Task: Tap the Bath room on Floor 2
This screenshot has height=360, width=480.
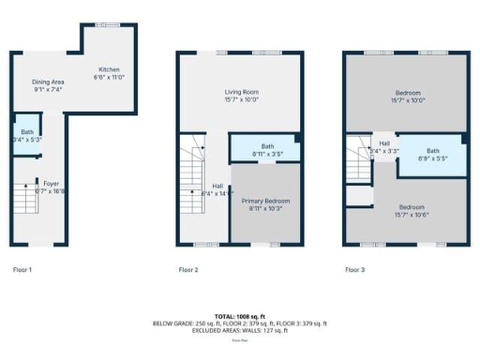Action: pyautogui.click(x=267, y=149)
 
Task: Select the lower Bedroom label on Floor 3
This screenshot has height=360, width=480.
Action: pyautogui.click(x=412, y=210)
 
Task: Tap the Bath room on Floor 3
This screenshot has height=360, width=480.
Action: pyautogui.click(x=432, y=154)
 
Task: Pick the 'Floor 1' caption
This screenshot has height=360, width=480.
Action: pyautogui.click(x=22, y=270)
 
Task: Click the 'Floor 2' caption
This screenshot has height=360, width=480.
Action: pyautogui.click(x=188, y=270)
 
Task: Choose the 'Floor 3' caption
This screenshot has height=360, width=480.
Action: pyautogui.click(x=354, y=270)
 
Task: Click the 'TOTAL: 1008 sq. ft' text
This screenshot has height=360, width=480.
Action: pyautogui.click(x=240, y=317)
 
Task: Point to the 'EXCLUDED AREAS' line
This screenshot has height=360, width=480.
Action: pyautogui.click(x=240, y=330)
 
